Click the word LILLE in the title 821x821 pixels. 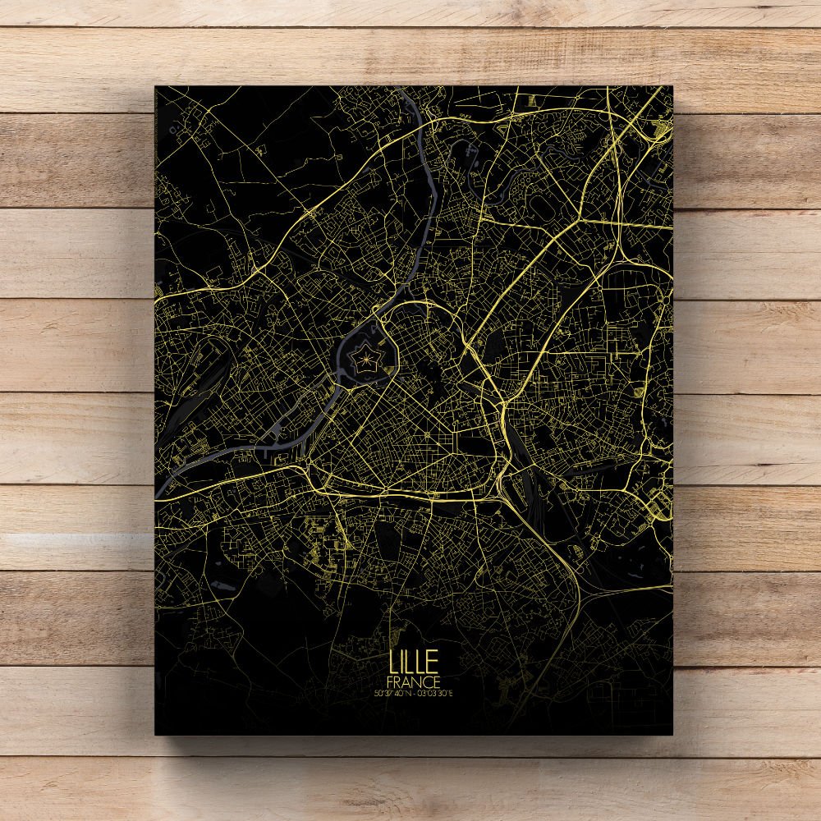(x=415, y=662)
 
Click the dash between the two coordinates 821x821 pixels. (x=415, y=694)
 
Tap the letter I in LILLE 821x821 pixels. (x=403, y=662)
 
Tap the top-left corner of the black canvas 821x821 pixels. (x=155, y=85)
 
